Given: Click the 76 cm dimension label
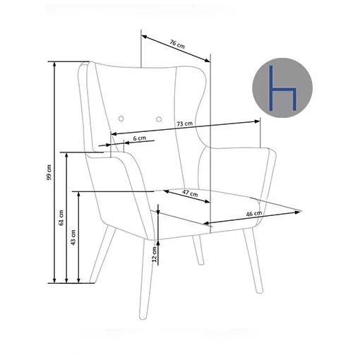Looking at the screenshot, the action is tap(177, 44).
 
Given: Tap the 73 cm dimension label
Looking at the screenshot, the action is tap(185, 124).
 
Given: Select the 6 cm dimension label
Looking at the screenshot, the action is tap(140, 138).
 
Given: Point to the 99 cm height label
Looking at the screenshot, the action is tap(49, 172).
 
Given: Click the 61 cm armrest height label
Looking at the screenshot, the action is tap(61, 217).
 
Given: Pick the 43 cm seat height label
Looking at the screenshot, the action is tap(73, 238).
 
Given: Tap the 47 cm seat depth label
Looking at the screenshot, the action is tap(190, 193).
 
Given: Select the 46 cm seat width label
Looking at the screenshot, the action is tap(254, 214).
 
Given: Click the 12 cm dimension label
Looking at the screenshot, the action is tap(155, 254).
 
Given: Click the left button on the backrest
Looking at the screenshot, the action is tap(121, 119).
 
